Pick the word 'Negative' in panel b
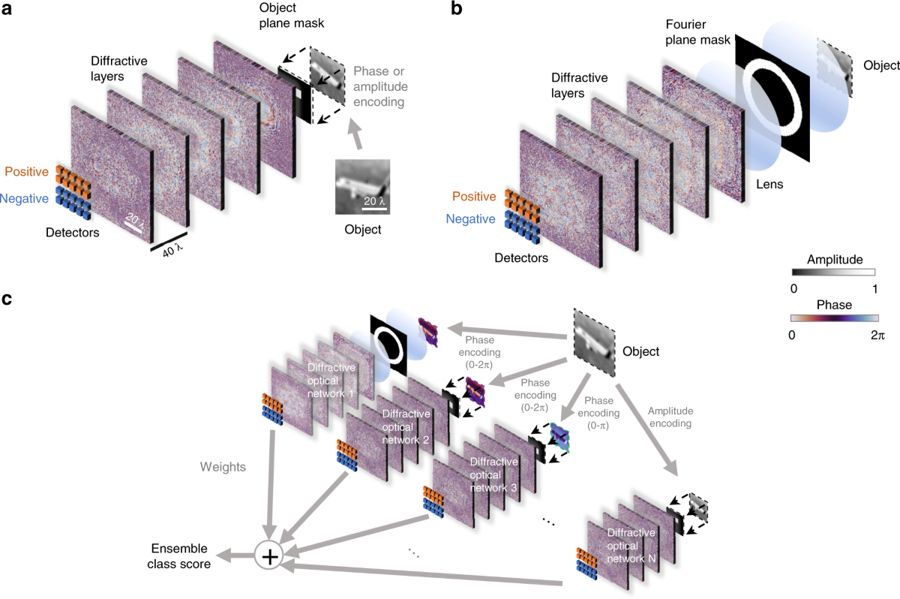tap(470, 219)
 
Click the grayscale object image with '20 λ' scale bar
tap(362, 188)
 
